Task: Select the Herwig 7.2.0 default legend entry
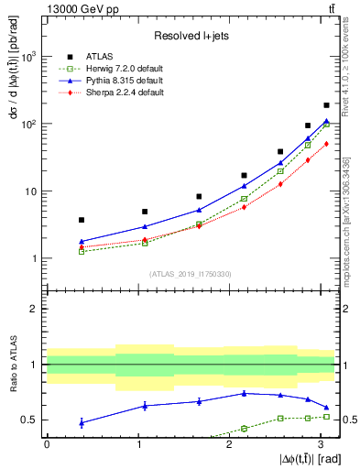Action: (x=125, y=69)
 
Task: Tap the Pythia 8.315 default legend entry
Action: (x=124, y=81)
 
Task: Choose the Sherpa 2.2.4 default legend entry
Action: (x=125, y=93)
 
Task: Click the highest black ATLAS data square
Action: (x=326, y=106)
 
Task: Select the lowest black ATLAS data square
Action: (x=82, y=220)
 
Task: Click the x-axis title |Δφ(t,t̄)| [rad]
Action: (x=307, y=457)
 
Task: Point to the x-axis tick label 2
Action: (x=230, y=443)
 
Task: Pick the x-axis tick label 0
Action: (x=47, y=443)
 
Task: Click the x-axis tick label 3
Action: (x=322, y=443)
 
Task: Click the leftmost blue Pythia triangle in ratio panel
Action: (x=82, y=422)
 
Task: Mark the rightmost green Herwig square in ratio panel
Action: (x=326, y=417)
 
